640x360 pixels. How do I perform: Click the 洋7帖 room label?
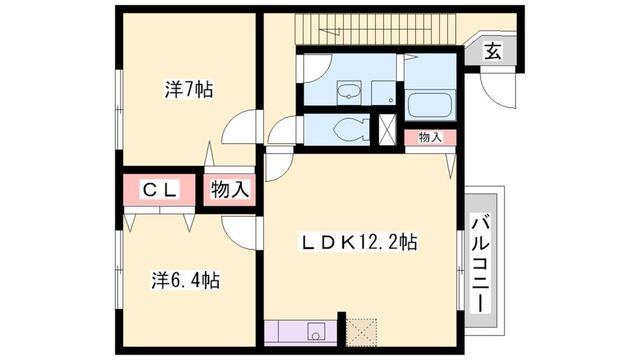coord(188,89)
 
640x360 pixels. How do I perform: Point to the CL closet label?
coord(159,188)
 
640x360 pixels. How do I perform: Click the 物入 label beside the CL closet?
coord(229,188)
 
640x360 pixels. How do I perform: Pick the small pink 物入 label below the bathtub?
coord(430,137)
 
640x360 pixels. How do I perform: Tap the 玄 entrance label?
coord(493,52)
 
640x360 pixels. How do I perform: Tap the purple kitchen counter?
coord(300,331)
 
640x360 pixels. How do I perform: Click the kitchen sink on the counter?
coord(318,331)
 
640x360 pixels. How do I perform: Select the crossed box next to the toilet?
coord(388,131)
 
